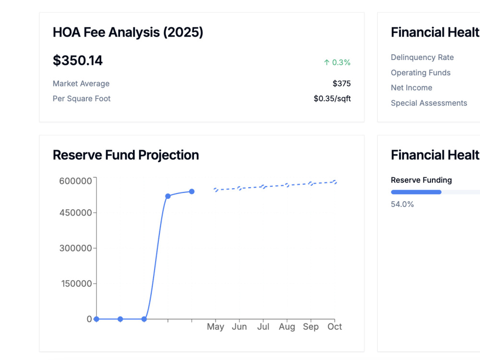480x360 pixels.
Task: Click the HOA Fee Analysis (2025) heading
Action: tap(128, 32)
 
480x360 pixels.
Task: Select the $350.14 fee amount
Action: tap(78, 60)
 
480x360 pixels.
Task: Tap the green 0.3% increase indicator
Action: tap(337, 62)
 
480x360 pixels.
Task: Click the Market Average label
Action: tap(81, 84)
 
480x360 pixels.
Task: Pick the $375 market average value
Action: tap(342, 83)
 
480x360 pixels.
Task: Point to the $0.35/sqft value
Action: tap(332, 98)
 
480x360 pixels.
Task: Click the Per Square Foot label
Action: tap(82, 98)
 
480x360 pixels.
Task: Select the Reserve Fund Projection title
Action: tap(126, 155)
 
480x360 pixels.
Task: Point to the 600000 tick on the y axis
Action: tap(76, 181)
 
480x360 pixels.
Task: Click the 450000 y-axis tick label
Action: tap(76, 213)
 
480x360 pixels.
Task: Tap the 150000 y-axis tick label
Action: tap(76, 284)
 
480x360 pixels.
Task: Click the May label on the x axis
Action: tap(216, 326)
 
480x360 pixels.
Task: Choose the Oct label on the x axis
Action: tap(335, 326)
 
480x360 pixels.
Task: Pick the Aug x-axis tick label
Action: tap(287, 327)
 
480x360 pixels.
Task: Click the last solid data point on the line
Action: tap(192, 192)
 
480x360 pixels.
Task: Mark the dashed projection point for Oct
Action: tap(335, 182)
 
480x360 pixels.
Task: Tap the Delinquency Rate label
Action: tap(422, 57)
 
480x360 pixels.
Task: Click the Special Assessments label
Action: tap(429, 103)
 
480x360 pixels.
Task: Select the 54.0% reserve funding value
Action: tap(402, 204)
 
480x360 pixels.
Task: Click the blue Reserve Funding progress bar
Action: tap(416, 192)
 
